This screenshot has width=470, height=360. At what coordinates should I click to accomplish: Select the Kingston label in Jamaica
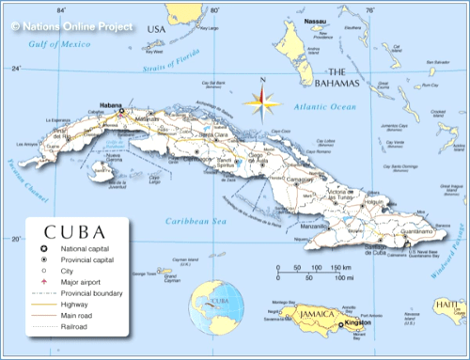357,322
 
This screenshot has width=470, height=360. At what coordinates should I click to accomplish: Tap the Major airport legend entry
82,280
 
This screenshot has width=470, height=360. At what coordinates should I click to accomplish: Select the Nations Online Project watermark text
72,12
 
